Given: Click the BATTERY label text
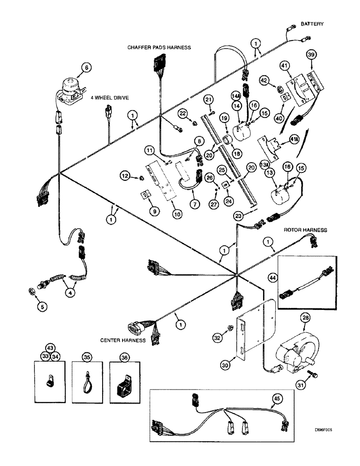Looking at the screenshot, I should coord(312,23).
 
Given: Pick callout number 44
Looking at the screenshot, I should coord(272,278).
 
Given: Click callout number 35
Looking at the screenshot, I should coord(87,359).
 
